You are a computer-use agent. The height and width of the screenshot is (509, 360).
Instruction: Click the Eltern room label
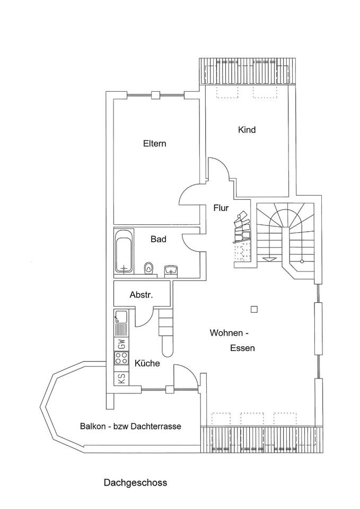pos(154,144)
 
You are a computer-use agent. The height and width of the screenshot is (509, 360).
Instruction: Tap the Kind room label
pos(247,130)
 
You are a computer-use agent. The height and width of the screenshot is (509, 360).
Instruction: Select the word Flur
pos(221,208)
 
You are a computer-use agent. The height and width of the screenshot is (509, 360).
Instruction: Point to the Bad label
pos(159,239)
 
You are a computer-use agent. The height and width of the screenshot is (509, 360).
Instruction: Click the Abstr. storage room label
pos(141,295)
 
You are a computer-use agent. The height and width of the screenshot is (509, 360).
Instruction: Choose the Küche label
pos(147,363)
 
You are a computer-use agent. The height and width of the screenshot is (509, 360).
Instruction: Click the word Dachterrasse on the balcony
pos(156,426)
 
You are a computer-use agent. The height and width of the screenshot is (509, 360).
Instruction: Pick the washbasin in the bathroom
pos(171,269)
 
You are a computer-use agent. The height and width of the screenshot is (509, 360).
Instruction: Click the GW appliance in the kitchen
pos(121,344)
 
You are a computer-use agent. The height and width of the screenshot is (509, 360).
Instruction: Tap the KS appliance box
pos(121,379)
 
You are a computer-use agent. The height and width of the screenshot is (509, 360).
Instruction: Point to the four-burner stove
pos(121,358)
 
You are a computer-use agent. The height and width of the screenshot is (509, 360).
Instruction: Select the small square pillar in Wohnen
pos(254,309)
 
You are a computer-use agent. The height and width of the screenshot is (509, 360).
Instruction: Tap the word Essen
pos(242,348)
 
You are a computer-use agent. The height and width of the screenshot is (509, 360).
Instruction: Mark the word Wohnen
pos(226,333)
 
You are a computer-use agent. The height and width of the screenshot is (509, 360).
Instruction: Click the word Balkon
pos(92,426)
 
